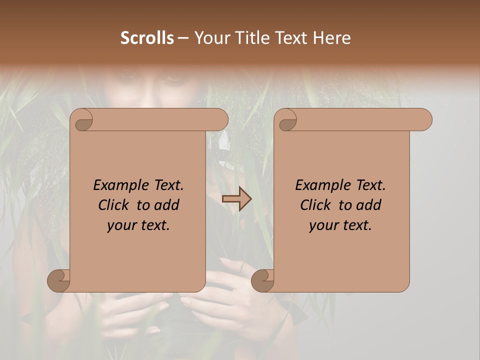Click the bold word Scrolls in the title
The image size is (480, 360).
click(x=147, y=38)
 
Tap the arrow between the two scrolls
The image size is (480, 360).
click(x=236, y=198)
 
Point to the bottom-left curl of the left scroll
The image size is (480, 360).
click(x=59, y=280)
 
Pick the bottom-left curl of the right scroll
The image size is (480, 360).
click(x=263, y=280)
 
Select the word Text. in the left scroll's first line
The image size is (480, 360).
click(x=165, y=185)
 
